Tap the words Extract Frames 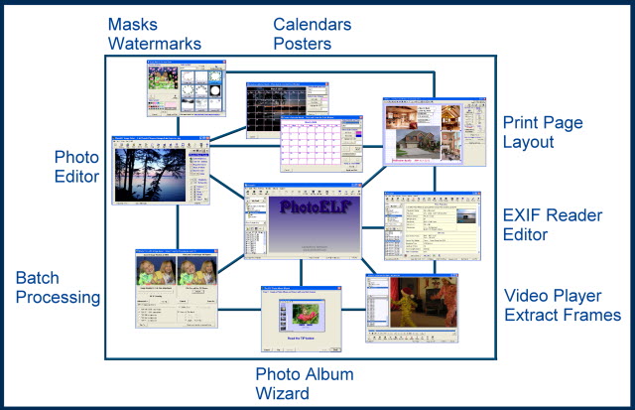(563, 316)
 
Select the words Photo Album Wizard (305, 383)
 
